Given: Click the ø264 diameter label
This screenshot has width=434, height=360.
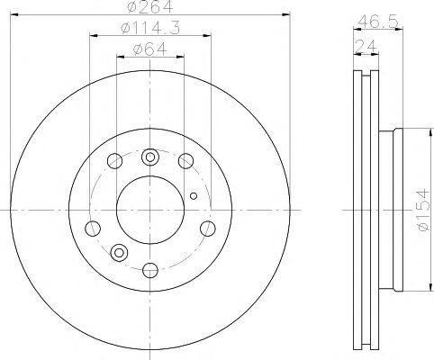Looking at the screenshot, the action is pos(150,6).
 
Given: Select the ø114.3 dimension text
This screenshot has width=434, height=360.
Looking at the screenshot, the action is pos(150,28).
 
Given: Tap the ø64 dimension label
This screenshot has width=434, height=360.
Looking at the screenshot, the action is pos(149,49).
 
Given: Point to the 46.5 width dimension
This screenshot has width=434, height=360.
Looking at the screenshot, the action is pos(378,22).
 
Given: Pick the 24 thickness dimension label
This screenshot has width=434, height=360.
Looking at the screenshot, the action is pos(366,47).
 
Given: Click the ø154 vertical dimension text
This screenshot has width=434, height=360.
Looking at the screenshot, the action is pos(426,210).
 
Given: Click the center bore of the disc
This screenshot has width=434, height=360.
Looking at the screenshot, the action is pos(150,210).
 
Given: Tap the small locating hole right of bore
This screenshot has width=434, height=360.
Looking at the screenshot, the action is pos(194,196).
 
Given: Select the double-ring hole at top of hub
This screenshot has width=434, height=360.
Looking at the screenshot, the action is pos(150,157).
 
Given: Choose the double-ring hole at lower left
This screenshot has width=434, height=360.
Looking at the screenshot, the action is pos(119,253).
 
